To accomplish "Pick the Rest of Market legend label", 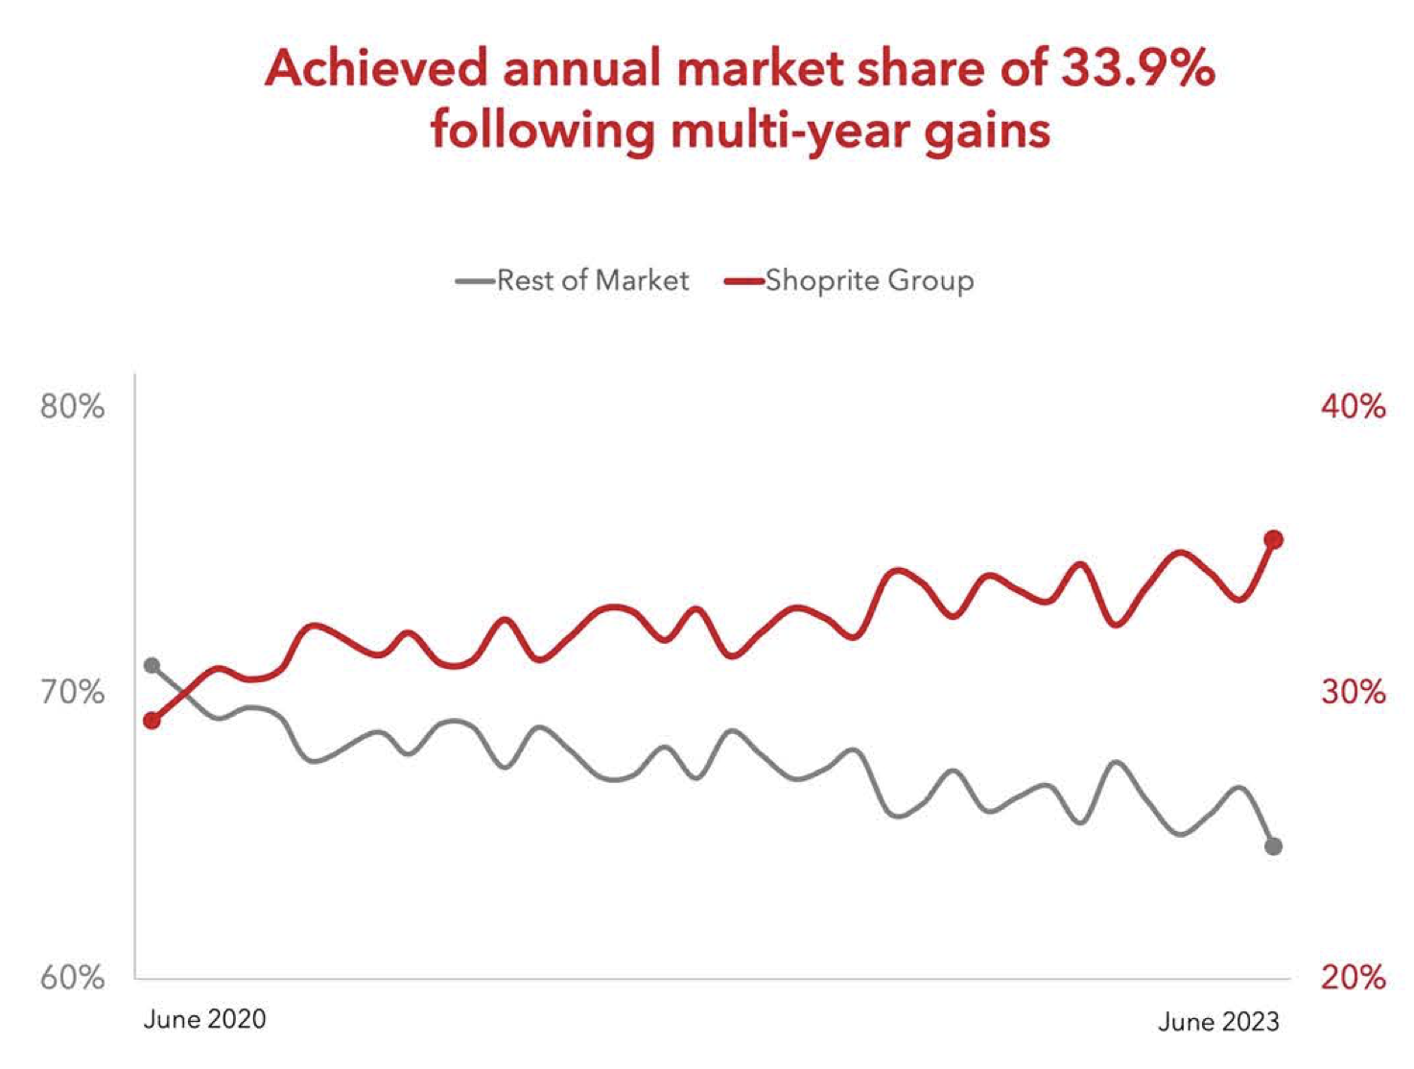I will pos(593,280).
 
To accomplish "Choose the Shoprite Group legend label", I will pos(869,280).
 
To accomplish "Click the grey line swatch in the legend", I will pos(476,281).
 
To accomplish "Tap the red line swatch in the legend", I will pos(744,281).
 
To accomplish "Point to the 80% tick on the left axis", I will pos(72,407).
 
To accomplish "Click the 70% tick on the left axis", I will pos(72,692).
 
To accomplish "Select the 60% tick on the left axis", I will pos(72,978).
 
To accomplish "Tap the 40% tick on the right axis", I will pos(1353,407).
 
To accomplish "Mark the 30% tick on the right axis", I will pos(1353,692).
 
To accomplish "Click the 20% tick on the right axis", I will pos(1353,978).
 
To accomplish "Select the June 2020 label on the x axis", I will pos(204,1019).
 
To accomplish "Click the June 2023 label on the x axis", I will pos(1218,1021).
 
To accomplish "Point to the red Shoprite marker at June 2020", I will pos(152,721).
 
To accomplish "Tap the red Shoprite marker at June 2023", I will pos(1274,540).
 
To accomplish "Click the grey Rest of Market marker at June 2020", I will pos(152,665).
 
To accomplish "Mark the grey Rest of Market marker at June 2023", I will pos(1274,846).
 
